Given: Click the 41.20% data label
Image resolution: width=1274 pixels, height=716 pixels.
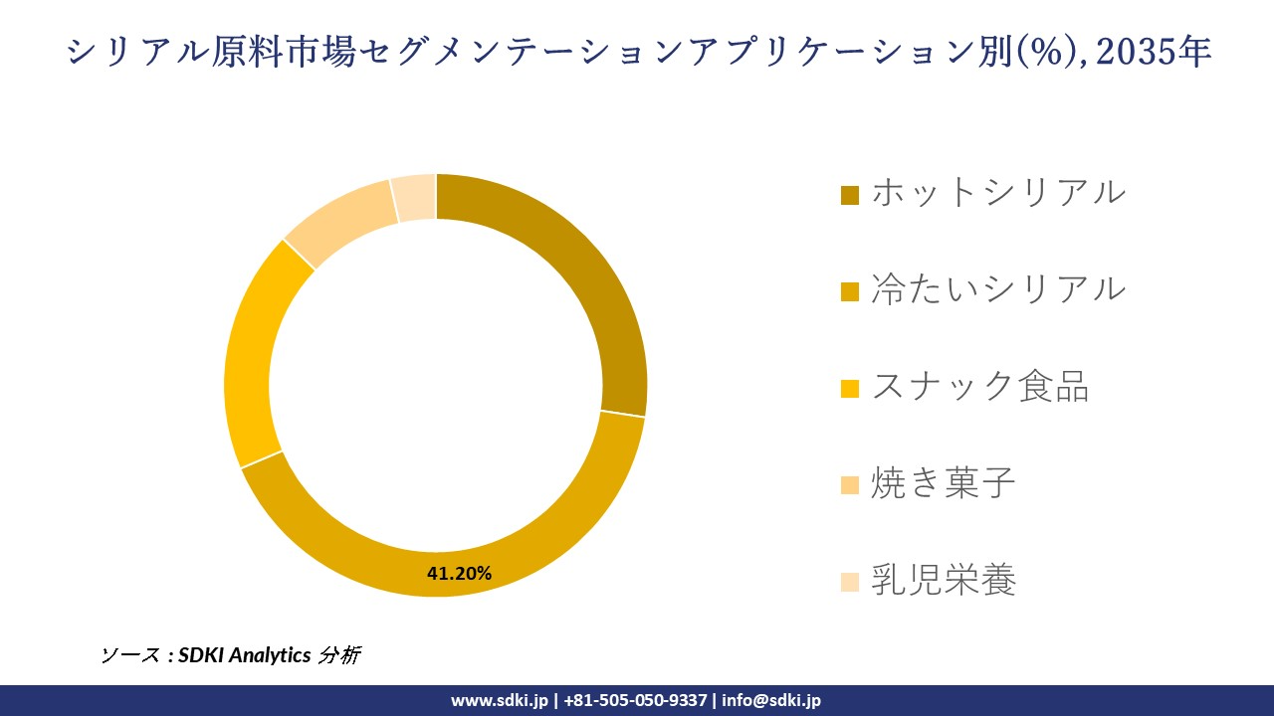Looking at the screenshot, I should (459, 573).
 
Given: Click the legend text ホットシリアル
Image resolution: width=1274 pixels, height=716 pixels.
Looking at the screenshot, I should (997, 192).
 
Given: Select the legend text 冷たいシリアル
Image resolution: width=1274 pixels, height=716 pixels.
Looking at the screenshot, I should (997, 288).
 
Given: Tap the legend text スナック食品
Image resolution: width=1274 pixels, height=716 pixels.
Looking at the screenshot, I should (979, 386).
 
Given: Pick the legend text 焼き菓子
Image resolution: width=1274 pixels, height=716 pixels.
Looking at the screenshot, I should (943, 483).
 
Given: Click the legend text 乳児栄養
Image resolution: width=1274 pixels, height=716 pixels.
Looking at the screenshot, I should (943, 580).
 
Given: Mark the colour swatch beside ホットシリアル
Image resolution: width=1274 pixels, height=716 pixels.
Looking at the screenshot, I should (849, 195).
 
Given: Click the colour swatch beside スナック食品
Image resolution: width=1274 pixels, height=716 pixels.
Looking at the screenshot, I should (849, 389).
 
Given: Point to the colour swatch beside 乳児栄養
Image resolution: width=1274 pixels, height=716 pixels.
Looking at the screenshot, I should (849, 583).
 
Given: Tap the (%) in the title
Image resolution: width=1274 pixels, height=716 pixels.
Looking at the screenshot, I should (1045, 52).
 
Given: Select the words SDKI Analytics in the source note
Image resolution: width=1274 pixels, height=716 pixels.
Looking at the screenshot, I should (245, 655).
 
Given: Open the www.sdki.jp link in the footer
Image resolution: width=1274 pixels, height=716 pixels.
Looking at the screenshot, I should (499, 700).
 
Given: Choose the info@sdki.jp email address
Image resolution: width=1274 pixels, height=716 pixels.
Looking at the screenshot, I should (771, 700).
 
